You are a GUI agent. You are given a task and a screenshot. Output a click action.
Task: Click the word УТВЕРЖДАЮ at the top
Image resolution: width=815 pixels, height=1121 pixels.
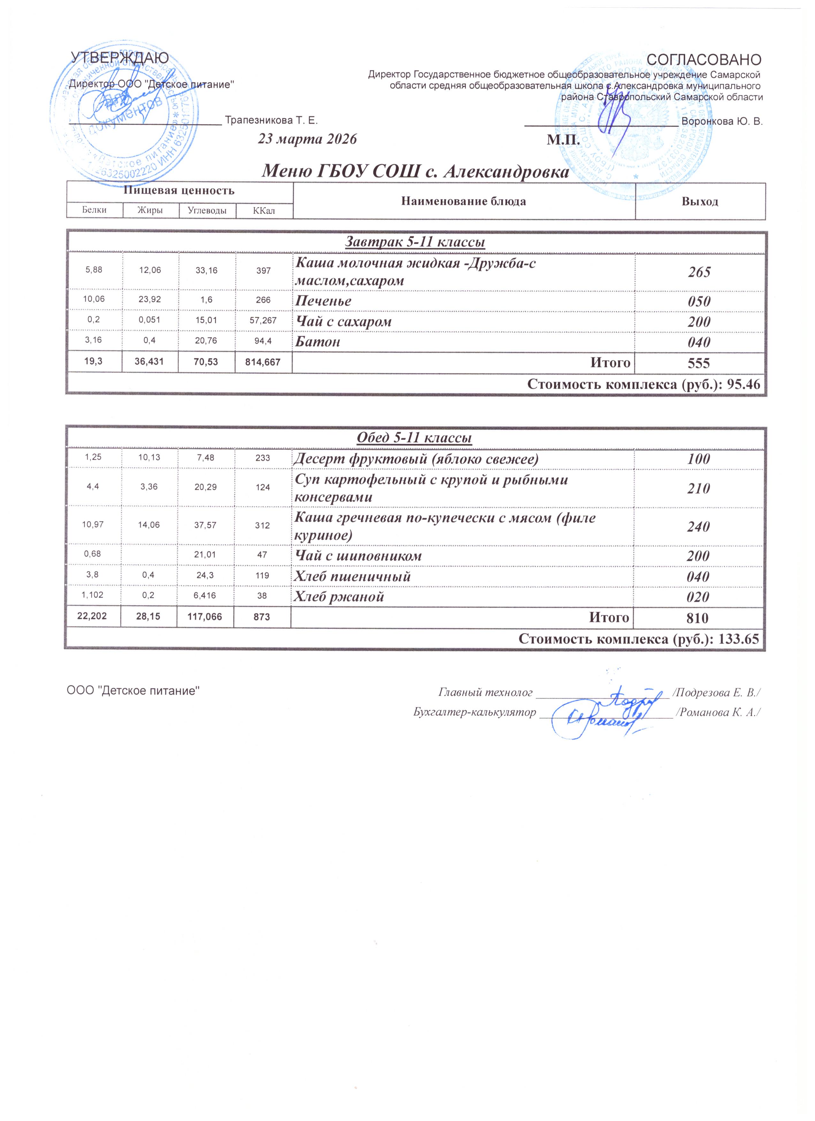[x=120, y=58]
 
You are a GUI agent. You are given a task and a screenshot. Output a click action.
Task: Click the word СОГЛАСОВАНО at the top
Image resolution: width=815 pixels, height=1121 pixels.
[x=704, y=59]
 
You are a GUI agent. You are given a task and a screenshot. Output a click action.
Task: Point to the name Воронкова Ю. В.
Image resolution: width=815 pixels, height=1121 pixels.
[x=722, y=121]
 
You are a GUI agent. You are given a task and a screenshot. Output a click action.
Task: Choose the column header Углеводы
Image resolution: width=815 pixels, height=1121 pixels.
[x=207, y=210]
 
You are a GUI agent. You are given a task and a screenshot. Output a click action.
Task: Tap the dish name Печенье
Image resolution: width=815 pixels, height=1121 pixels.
[x=324, y=301]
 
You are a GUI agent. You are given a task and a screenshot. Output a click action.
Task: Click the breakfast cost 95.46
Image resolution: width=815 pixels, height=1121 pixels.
[x=744, y=384]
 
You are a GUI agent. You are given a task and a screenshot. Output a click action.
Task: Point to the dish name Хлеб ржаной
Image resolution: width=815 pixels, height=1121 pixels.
[x=339, y=597]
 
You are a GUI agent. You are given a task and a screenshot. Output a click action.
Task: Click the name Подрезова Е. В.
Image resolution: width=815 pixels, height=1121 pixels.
[x=719, y=692]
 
